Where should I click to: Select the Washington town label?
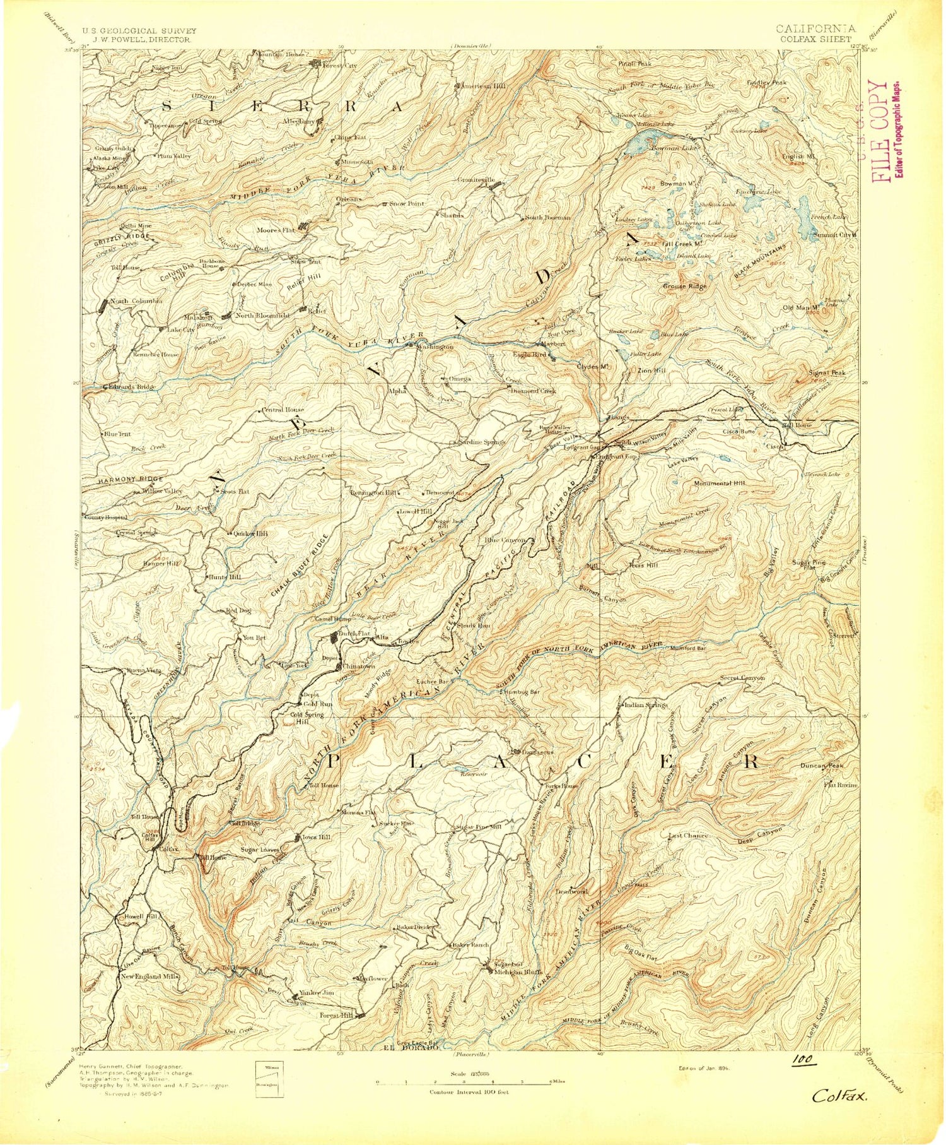[435, 347]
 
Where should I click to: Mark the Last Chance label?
[688, 835]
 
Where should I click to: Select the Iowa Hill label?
[315, 837]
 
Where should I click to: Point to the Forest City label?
[340, 65]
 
